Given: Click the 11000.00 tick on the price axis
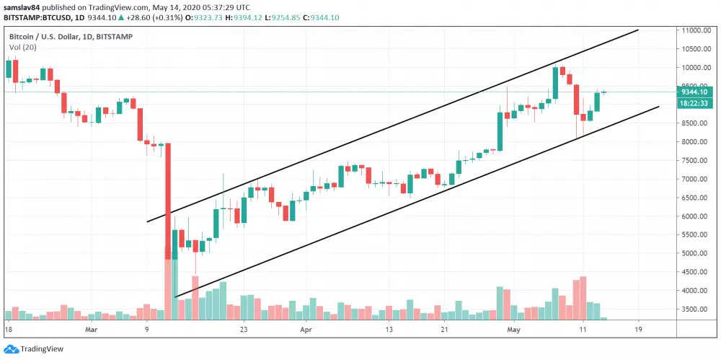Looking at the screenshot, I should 698,30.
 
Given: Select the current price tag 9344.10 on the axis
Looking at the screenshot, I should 696,92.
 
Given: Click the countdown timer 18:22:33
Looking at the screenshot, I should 696,103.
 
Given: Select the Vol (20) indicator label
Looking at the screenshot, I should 24,47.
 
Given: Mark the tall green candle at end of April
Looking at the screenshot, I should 499,130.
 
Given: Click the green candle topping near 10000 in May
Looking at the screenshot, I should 555,84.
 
